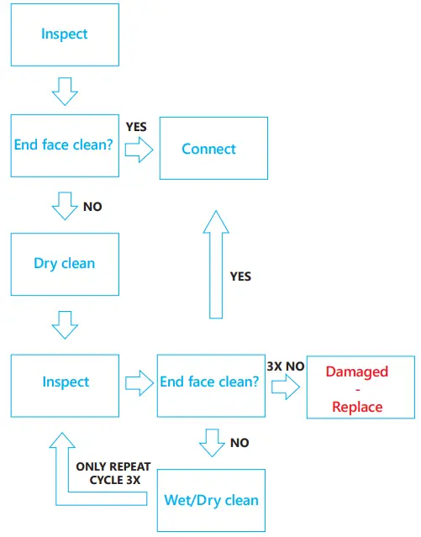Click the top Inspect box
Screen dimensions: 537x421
(65, 34)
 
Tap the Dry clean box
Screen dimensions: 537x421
(65, 263)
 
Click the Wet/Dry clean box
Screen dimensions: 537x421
(211, 499)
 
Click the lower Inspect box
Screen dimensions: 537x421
(65, 382)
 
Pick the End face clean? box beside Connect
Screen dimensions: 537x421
(65, 145)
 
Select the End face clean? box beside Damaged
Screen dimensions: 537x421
(210, 382)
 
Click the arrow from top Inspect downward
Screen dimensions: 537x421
(65, 87)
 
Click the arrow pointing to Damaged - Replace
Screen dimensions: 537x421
(285, 387)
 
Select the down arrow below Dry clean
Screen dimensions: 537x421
(65, 324)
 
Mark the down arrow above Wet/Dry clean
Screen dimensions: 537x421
(211, 443)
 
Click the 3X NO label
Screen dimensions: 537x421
(285, 366)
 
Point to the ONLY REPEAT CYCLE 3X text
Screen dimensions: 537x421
(108, 473)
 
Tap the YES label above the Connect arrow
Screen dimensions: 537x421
(136, 127)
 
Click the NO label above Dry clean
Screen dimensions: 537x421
(92, 206)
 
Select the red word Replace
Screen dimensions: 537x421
(357, 407)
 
